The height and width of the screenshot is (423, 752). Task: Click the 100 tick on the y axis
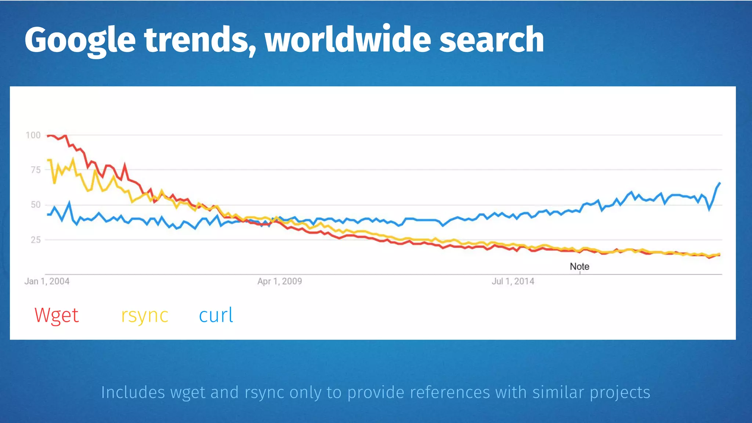pos(33,135)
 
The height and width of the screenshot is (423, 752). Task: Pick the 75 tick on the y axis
pos(36,170)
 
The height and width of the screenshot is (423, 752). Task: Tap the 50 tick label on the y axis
pos(36,205)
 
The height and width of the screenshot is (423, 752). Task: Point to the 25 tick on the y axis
pos(36,240)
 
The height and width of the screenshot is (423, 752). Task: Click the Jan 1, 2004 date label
pos(47,281)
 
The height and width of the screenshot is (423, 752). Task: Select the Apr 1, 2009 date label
pos(279,281)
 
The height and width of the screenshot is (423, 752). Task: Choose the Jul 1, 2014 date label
pos(513,281)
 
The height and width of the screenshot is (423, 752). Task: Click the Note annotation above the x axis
pos(579,267)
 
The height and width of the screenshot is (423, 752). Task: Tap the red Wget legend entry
pos(57,315)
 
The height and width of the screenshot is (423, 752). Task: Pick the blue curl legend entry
pos(216,315)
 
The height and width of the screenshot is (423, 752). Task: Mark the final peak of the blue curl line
pos(720,183)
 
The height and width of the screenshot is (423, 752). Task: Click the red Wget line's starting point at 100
pos(48,136)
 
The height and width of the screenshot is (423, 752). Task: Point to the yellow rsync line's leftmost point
pos(48,160)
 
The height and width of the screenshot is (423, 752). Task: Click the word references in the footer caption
pos(450,392)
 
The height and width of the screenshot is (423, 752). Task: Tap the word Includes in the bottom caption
pos(133,392)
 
